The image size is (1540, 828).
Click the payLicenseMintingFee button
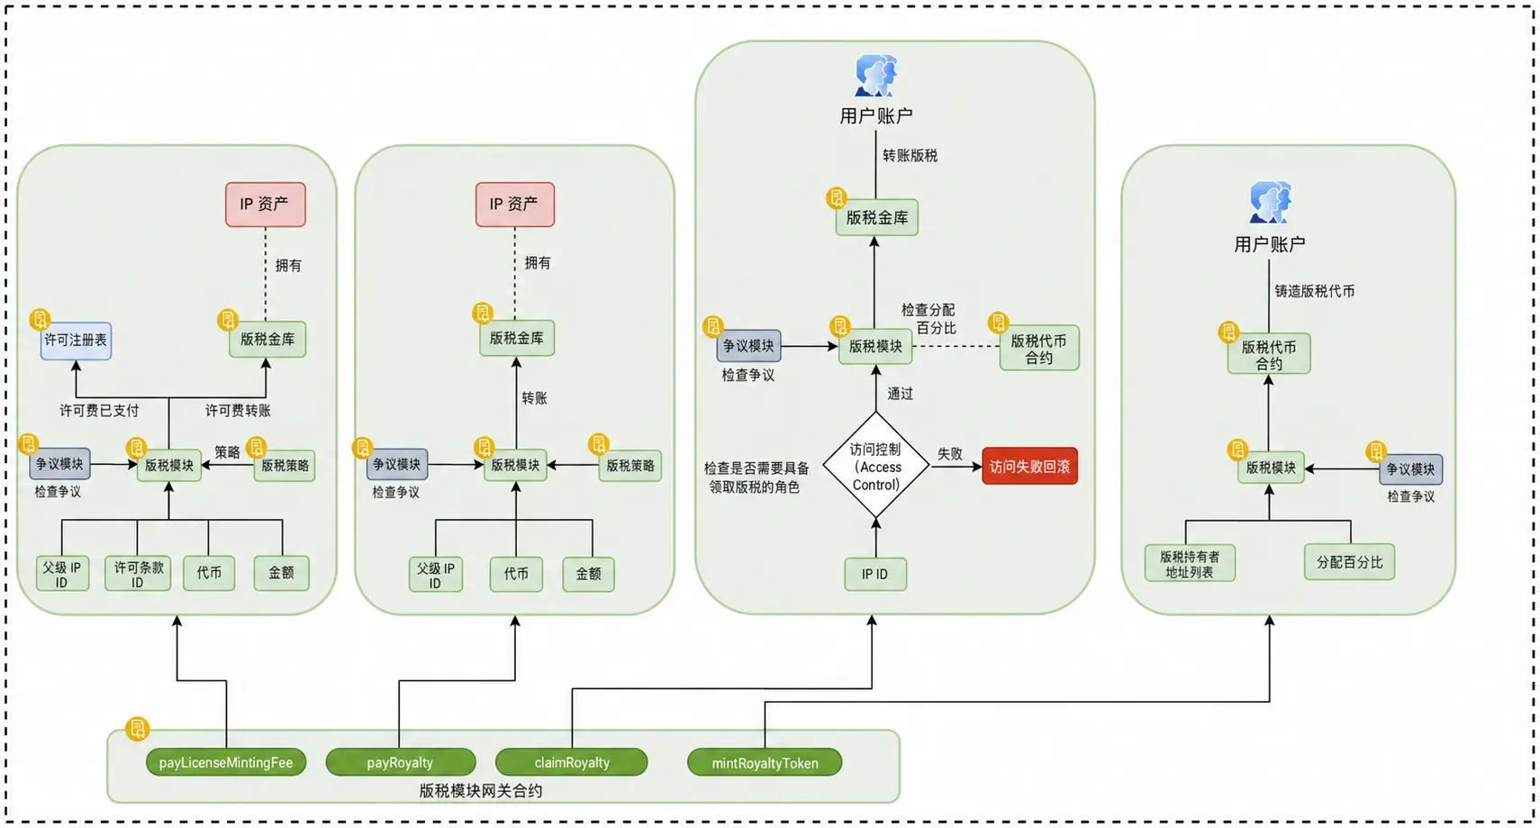(x=225, y=762)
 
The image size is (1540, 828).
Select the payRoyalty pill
(x=400, y=762)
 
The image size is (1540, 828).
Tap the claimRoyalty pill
(x=571, y=762)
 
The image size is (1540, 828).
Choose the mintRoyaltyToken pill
(x=765, y=762)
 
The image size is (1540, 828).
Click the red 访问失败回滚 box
(x=1029, y=467)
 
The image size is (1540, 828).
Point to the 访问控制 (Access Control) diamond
(x=876, y=466)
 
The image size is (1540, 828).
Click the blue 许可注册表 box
(x=76, y=341)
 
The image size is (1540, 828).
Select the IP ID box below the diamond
(x=875, y=574)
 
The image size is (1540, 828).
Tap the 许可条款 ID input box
(x=138, y=574)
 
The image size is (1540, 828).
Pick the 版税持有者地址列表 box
(x=1190, y=563)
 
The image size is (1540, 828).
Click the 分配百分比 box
(x=1349, y=562)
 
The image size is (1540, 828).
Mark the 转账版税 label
(x=910, y=156)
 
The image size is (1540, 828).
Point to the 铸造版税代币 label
(x=1315, y=291)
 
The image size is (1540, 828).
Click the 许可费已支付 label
(x=99, y=411)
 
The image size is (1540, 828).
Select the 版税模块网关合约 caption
(x=481, y=791)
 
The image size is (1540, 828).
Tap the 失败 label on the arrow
(x=949, y=454)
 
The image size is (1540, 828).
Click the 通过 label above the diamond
(x=900, y=394)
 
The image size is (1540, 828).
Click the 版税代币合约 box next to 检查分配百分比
(x=1038, y=349)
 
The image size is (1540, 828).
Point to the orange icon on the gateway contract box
(x=138, y=728)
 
